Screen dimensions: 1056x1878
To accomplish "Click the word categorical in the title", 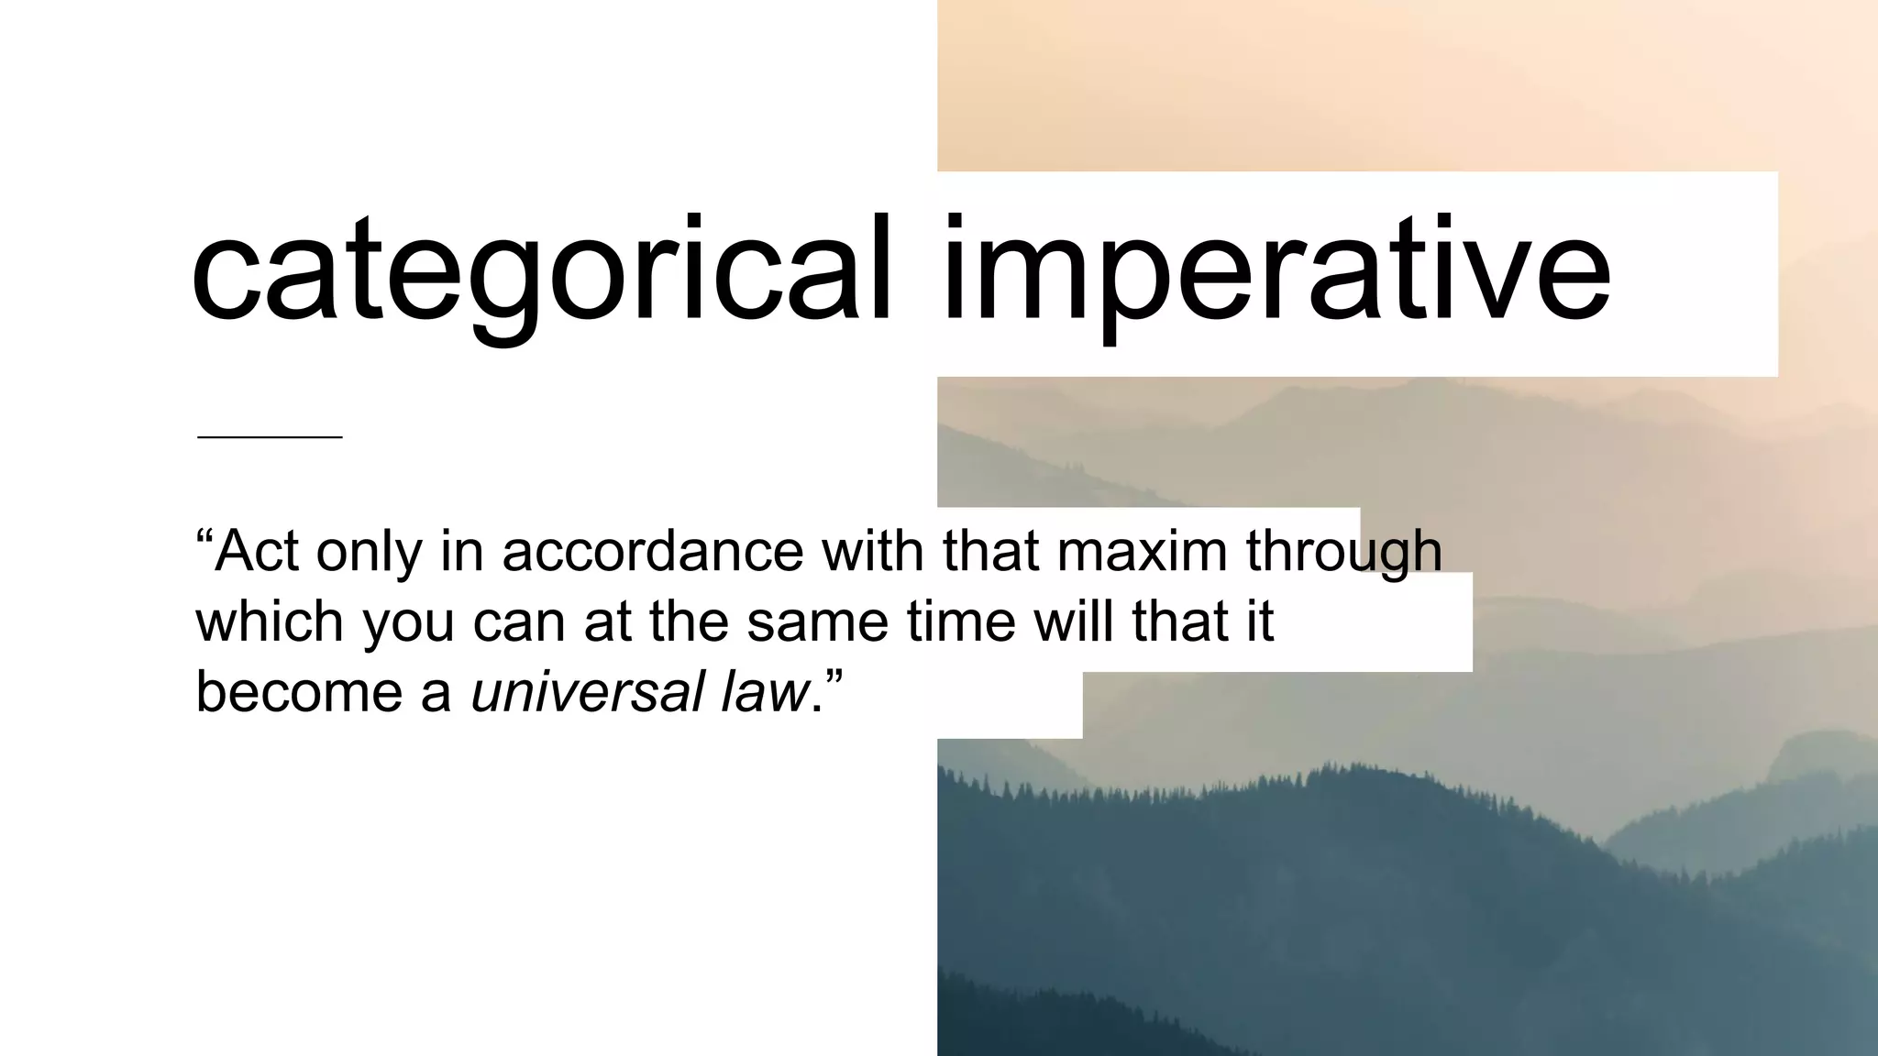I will coord(541,270).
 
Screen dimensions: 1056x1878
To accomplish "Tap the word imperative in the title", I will coord(1275,270).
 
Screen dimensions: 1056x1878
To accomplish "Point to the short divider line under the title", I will coord(270,437).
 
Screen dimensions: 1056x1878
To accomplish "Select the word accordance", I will coord(652,551).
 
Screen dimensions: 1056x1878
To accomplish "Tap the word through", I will coord(1343,553).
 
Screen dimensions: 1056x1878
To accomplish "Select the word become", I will coord(299,691).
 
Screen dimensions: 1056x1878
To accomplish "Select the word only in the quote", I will coord(369,553).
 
